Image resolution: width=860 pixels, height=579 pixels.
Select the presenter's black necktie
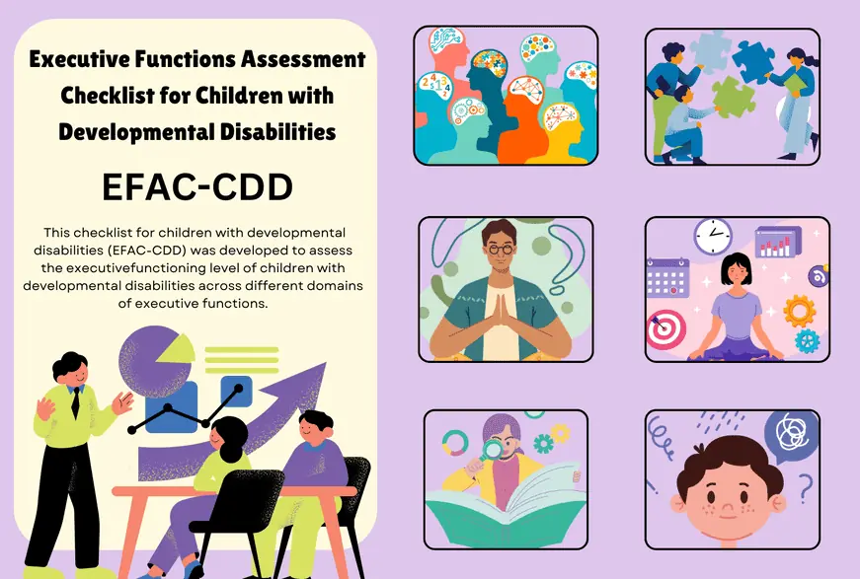(74, 403)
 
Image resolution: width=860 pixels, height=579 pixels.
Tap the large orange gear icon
(798, 310)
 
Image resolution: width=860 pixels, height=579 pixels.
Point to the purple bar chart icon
(778, 242)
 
